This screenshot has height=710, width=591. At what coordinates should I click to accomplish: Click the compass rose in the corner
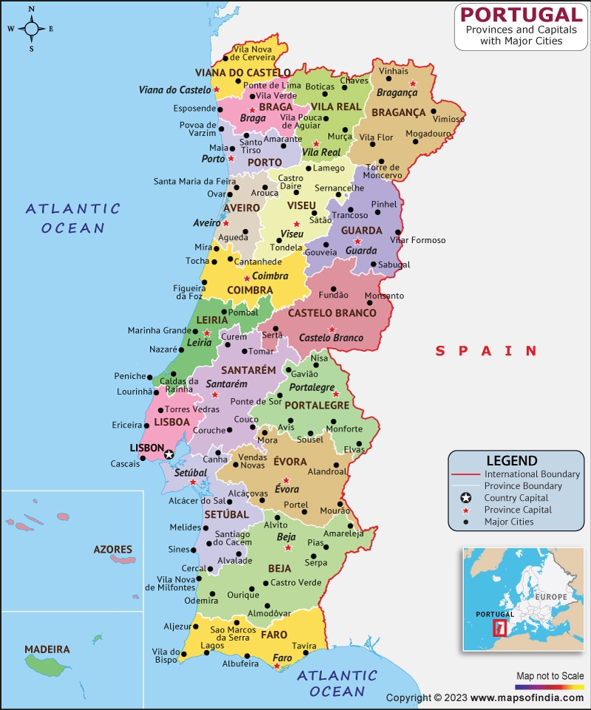32,29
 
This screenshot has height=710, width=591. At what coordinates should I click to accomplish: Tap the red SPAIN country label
486,351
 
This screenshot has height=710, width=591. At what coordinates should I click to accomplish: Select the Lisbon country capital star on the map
169,454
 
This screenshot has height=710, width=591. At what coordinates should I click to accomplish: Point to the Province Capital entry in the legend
517,510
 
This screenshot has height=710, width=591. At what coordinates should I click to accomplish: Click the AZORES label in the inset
113,550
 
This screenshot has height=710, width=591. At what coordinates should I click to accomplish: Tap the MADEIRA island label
47,649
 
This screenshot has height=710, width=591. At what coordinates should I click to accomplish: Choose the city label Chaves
354,80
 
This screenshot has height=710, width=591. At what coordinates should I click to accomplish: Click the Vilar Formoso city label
418,240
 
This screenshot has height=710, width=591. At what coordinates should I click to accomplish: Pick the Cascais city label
125,463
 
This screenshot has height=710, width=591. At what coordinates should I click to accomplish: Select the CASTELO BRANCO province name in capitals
332,313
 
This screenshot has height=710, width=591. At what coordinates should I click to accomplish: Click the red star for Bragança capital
414,84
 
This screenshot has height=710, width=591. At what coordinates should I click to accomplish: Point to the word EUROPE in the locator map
551,595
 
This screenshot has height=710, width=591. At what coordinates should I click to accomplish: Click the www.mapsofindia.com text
527,697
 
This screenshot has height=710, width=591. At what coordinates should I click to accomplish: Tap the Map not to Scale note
549,675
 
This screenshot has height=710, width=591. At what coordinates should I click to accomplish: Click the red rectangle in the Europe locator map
499,628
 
